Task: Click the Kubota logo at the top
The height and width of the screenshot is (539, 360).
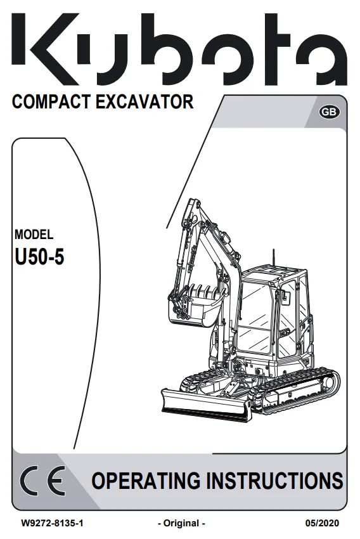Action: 179,49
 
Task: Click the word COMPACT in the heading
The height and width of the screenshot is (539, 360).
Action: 51,102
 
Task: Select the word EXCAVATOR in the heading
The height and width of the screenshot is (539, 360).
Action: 145,102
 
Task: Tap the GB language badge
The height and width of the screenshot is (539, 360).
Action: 329,112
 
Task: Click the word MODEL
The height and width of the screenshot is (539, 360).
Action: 34,235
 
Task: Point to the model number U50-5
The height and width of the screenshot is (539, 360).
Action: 39,256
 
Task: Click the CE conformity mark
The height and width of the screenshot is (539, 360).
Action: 42,480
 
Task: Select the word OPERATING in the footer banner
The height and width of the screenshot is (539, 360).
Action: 146,481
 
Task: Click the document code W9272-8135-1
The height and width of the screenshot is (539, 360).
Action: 52,524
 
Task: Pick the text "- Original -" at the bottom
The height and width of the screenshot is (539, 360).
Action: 181,524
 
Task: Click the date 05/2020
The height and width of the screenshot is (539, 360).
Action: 322,524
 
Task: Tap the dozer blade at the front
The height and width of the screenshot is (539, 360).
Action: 206,406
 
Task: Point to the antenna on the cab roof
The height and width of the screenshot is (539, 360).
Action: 273,258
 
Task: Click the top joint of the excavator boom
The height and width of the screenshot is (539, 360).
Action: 193,204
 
